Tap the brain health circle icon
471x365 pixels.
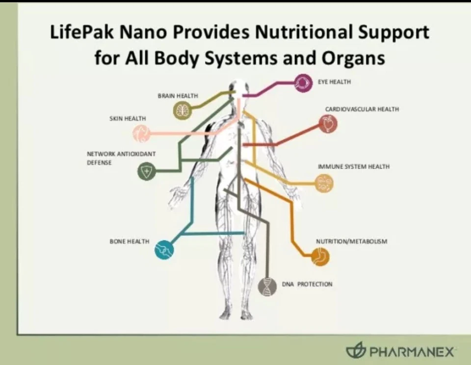[x=182, y=110]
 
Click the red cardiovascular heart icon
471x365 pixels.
[x=328, y=124]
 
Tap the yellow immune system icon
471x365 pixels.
[x=324, y=183]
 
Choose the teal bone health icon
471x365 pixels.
[x=164, y=250]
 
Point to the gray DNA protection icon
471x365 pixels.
[x=267, y=287]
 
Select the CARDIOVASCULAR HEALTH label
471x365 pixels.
[x=362, y=109]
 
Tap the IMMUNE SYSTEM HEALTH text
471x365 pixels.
[x=354, y=167]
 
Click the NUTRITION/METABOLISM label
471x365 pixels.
[x=352, y=241]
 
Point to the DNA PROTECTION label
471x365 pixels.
[x=307, y=284]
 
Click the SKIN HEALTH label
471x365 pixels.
[x=128, y=119]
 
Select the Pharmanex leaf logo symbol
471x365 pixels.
[x=355, y=350]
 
